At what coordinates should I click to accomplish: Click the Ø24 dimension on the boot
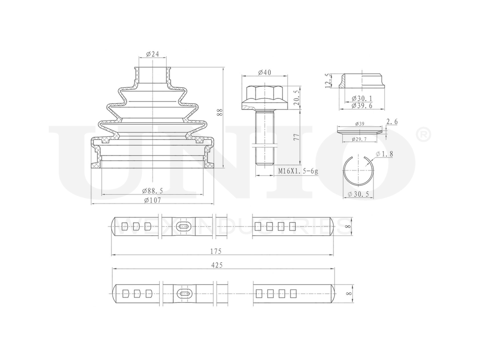click(152, 54)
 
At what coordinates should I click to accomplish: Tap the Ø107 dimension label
click(152, 200)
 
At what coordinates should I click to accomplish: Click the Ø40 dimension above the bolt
click(264, 72)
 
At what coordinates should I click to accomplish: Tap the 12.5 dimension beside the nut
click(328, 81)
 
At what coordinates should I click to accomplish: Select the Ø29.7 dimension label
click(359, 139)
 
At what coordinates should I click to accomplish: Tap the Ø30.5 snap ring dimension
click(359, 194)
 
